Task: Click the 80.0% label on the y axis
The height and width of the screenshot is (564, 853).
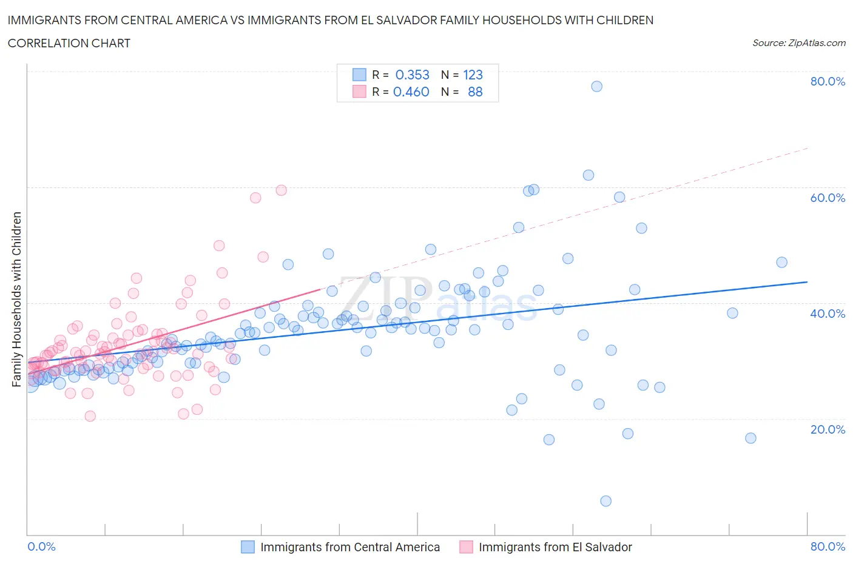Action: (828, 81)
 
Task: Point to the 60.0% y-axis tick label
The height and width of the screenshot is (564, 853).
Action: (828, 198)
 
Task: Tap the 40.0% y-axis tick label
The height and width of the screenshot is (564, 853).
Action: (828, 314)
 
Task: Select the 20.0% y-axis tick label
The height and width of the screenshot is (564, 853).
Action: (828, 429)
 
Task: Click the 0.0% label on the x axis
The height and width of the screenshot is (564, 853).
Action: (41, 546)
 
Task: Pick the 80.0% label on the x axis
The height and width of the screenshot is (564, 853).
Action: (828, 546)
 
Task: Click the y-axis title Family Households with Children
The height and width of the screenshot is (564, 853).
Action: (16, 299)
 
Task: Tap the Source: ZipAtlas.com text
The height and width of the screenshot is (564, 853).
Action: (798, 43)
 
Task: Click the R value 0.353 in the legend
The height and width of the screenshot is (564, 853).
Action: (412, 75)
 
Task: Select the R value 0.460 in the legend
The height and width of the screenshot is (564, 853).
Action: (411, 92)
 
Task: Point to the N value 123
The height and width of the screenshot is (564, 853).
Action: (473, 75)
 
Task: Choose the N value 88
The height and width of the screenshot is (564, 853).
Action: (475, 92)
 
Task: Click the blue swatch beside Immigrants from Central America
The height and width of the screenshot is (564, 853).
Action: (248, 547)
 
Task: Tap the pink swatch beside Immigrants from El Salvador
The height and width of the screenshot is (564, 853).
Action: (466, 547)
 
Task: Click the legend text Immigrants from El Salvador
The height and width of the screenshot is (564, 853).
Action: (555, 547)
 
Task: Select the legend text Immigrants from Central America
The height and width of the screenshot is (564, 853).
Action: (350, 547)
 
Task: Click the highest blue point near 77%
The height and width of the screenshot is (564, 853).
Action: (596, 86)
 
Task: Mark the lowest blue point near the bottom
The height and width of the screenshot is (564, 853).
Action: (605, 501)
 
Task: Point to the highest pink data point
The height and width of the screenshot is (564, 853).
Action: (281, 190)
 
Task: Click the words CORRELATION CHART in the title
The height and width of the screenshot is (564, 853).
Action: (69, 43)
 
